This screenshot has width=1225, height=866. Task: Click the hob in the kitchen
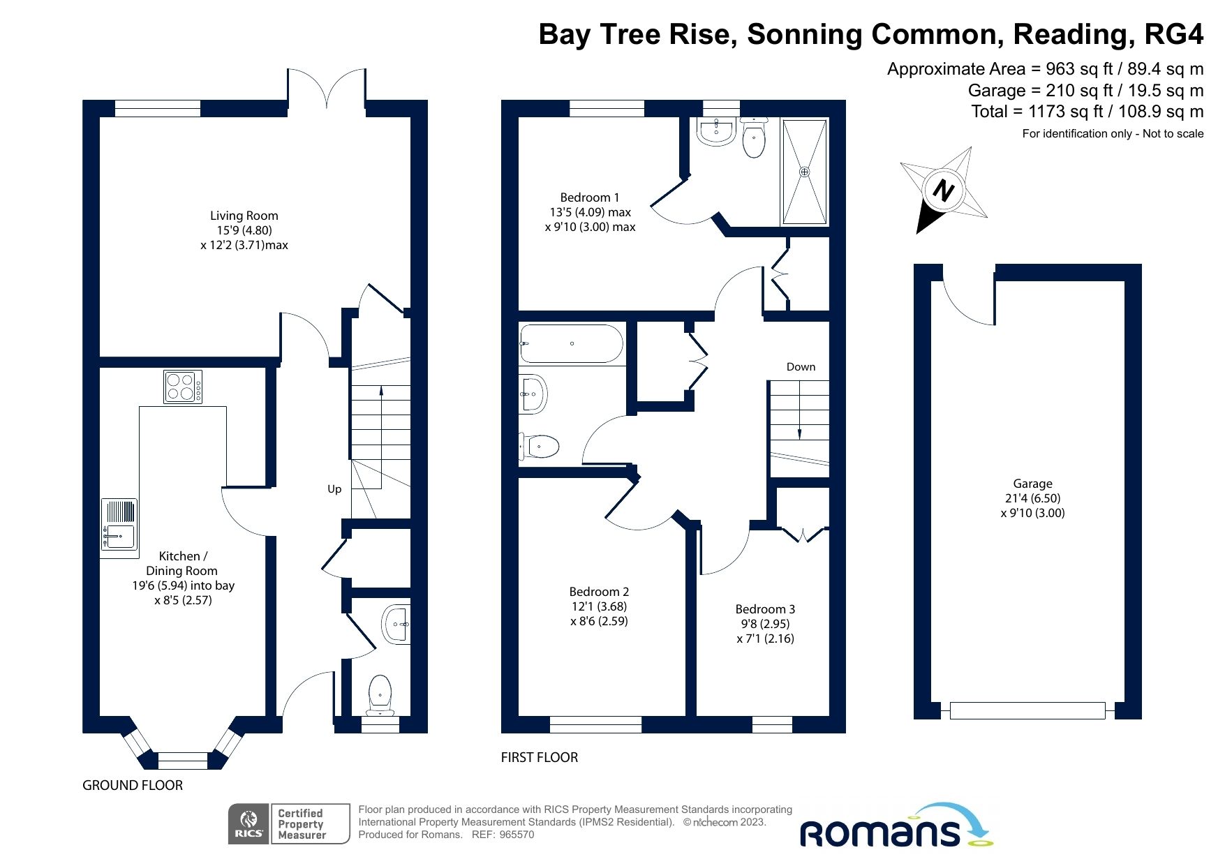[183, 387]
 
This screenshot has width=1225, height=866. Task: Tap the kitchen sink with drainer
[119, 525]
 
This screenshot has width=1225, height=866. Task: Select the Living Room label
[244, 216]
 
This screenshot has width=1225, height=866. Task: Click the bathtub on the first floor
[571, 343]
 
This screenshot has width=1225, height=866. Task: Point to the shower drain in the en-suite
[804, 171]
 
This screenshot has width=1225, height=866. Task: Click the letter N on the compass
[943, 190]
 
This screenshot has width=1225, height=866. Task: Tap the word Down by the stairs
[801, 366]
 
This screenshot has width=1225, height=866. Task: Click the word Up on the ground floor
[334, 488]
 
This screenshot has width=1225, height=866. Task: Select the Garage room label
[1032, 483]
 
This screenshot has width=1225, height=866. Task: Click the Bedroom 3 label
[765, 609]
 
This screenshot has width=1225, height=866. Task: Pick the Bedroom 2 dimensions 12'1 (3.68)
[599, 606]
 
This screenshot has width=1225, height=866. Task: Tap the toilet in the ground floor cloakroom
[380, 692]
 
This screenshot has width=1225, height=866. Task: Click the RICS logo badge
[249, 823]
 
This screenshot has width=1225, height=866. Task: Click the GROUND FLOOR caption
[133, 785]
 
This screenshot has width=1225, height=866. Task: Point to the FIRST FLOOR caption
[540, 757]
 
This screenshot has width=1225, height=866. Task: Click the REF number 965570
[517, 835]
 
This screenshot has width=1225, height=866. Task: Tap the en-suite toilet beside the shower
[754, 137]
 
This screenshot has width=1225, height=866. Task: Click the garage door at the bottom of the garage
[1027, 710]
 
